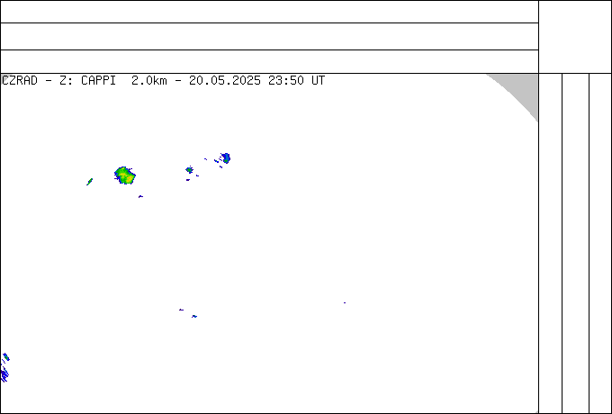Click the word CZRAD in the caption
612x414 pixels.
point(20,81)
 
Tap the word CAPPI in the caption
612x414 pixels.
point(98,81)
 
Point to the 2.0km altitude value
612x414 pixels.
point(149,81)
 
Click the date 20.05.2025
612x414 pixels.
point(225,81)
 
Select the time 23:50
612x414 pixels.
point(286,81)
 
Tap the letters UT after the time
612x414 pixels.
point(318,81)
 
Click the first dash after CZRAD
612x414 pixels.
point(49,81)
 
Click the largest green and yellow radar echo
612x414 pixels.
point(125,175)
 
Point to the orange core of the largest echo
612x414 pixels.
point(128,179)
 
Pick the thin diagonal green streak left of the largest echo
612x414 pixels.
point(89,182)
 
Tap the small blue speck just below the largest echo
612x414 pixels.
point(140,197)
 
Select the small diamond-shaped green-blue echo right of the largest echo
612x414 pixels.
point(189,170)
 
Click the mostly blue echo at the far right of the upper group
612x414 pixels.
point(225,158)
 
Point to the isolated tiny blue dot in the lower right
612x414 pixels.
point(345,302)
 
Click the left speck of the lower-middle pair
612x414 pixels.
point(181,310)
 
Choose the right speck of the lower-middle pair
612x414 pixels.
point(194,316)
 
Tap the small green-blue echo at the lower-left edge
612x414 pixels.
point(6,357)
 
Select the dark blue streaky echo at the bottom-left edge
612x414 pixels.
point(4,374)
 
